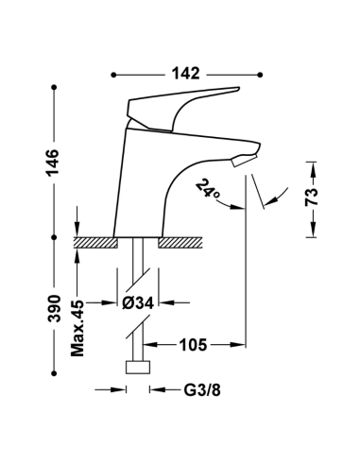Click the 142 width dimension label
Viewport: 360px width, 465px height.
click(185, 74)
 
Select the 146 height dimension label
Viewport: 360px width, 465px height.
click(53, 163)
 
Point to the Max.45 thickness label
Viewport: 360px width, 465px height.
click(77, 328)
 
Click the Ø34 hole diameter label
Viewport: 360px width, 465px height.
click(138, 303)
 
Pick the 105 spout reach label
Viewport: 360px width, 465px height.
click(193, 345)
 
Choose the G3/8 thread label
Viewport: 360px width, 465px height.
click(202, 390)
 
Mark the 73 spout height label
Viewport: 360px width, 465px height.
click(312, 197)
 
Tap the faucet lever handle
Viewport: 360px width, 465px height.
click(177, 107)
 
